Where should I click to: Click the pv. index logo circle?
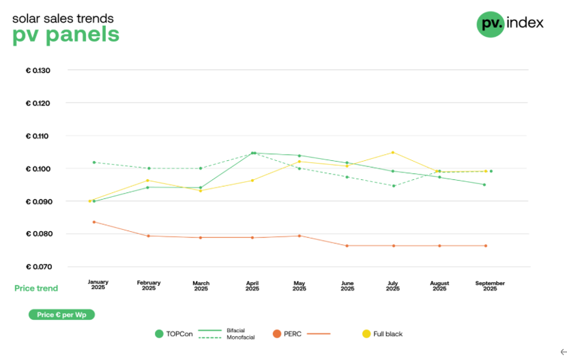(x=490, y=24)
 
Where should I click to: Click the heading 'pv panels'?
(x=66, y=35)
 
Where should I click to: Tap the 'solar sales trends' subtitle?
(x=63, y=18)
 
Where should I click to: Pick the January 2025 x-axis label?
(x=98, y=285)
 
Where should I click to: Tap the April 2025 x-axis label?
(x=252, y=285)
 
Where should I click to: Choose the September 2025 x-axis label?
(x=490, y=285)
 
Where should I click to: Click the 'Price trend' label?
(x=36, y=288)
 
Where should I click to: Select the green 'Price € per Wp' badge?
(x=61, y=315)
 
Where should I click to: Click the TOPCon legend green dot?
(x=159, y=333)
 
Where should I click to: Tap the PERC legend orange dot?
(x=276, y=333)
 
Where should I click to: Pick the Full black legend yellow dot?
(x=366, y=333)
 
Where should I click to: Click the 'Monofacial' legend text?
(x=240, y=337)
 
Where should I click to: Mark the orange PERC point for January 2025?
(x=94, y=222)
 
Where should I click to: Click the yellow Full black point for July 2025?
(x=393, y=152)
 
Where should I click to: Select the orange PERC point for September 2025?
(x=486, y=245)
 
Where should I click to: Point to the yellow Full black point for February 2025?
(x=148, y=181)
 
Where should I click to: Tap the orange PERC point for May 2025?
(x=299, y=236)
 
